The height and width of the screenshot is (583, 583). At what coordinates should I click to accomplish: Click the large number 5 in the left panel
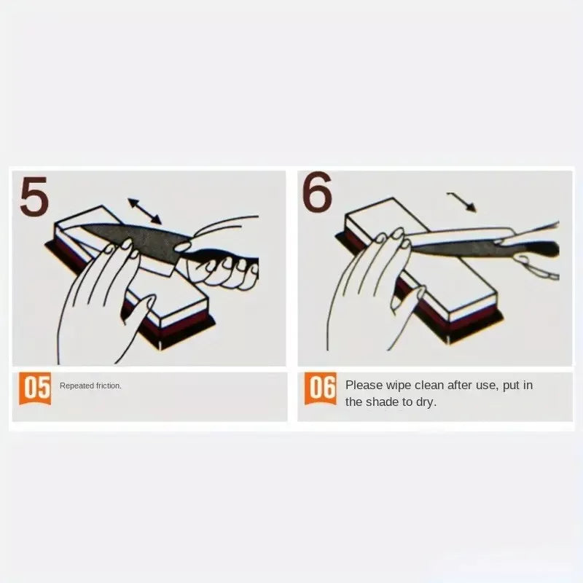pos(34,196)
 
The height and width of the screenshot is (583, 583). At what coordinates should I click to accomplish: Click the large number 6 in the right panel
pos(316,192)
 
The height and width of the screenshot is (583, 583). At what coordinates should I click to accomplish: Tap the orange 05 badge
pos(35,388)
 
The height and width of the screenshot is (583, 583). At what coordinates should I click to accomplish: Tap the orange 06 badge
pos(321,388)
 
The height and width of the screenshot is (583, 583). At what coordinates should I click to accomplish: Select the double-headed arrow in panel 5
pos(144,211)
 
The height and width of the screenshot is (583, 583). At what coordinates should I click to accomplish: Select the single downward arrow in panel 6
pos(462,202)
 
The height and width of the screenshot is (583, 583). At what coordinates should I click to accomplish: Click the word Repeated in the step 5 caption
pos(77,386)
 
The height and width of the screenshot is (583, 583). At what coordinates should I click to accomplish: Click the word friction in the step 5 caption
pos(109,386)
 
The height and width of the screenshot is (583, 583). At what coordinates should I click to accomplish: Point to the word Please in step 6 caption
pos(364,385)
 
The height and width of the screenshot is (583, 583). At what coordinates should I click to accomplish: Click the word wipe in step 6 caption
pos(398,386)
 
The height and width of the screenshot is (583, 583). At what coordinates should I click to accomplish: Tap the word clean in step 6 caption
pos(429,385)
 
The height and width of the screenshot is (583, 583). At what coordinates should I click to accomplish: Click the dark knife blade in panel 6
pos(453,247)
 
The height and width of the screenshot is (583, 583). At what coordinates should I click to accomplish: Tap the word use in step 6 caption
pos(486,386)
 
